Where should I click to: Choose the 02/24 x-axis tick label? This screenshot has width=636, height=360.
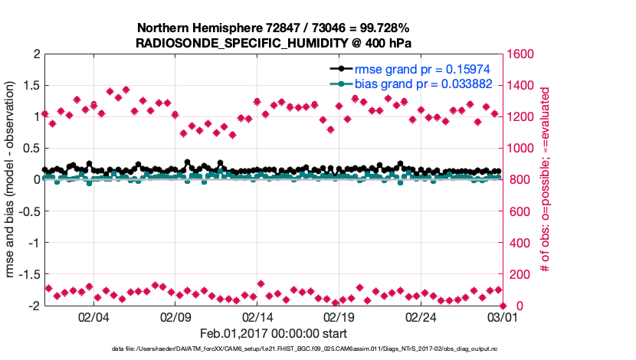coord(421,317)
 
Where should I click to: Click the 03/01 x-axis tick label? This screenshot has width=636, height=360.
coord(503,317)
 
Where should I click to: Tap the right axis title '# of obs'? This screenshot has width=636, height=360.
coord(545,180)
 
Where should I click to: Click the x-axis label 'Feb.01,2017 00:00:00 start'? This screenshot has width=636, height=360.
coord(273,333)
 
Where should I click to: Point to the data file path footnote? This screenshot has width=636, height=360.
coord(273,349)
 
